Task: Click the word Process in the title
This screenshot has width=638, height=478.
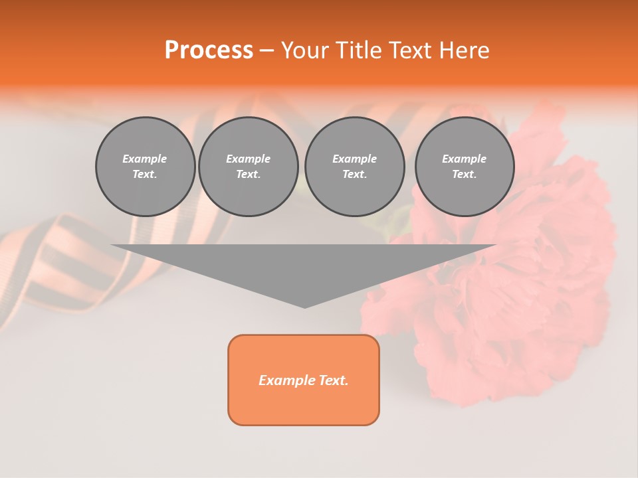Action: (x=209, y=50)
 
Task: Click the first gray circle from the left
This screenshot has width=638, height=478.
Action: (x=145, y=167)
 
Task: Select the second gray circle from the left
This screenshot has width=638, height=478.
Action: (x=248, y=167)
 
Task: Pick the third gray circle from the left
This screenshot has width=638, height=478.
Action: (x=354, y=167)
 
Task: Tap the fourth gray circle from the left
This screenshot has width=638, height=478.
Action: (x=464, y=167)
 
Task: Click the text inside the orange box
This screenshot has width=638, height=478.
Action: (x=304, y=380)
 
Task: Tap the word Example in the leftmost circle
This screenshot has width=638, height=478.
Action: (x=145, y=159)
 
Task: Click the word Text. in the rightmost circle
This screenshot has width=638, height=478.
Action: (x=464, y=175)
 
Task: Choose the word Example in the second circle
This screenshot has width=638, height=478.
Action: (x=248, y=159)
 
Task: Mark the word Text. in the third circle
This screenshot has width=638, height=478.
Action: (x=354, y=175)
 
